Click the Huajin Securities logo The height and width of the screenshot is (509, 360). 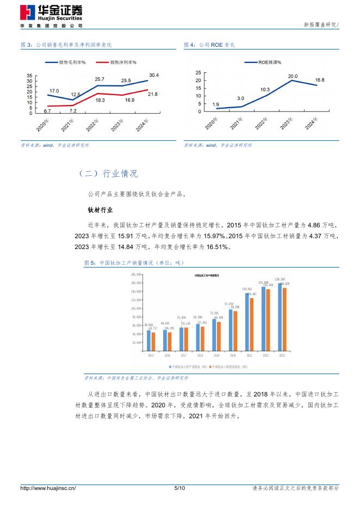pos(52,13)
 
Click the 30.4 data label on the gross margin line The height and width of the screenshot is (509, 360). pos(154,75)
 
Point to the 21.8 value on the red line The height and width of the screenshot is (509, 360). pos(153,95)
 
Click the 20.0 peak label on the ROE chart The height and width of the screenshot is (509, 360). pos(293,76)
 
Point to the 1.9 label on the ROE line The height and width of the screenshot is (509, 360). pos(216,104)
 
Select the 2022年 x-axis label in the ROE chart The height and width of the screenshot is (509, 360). pos(260,123)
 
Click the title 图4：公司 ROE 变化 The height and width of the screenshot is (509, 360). pos(209,45)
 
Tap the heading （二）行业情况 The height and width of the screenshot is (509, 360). pos(108,174)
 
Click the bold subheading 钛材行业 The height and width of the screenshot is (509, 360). pos(100,209)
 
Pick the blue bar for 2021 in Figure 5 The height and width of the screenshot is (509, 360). pos(247,322)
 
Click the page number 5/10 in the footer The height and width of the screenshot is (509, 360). pos(179,488)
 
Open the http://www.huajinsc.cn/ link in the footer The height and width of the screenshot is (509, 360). pos(48,488)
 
